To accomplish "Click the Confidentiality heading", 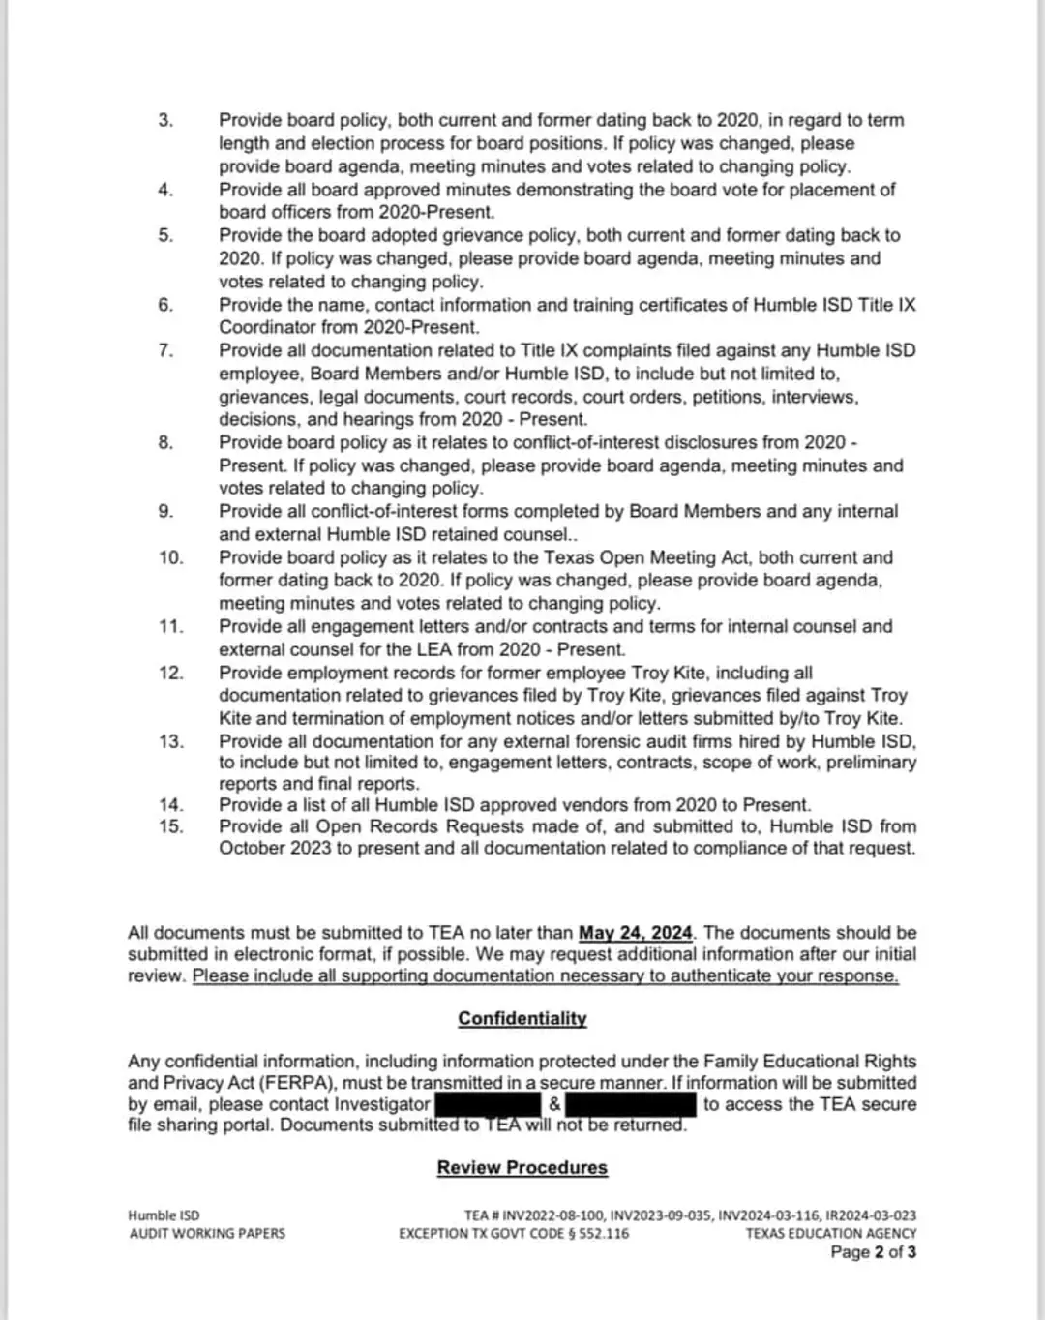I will [522, 1018].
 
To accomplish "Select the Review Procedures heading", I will [522, 1167].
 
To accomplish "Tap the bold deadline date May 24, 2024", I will [636, 933].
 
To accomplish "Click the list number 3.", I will [166, 120].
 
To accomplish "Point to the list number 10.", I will [170, 557].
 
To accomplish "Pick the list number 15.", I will [170, 826].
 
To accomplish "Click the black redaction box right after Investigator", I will [488, 1104].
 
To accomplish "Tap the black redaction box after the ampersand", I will [630, 1104].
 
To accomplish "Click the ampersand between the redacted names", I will [553, 1104].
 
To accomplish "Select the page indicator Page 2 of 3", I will [873, 1252].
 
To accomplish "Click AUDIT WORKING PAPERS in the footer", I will [207, 1234].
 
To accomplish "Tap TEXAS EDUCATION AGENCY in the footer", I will [830, 1234].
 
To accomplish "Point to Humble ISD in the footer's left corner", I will [164, 1215].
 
